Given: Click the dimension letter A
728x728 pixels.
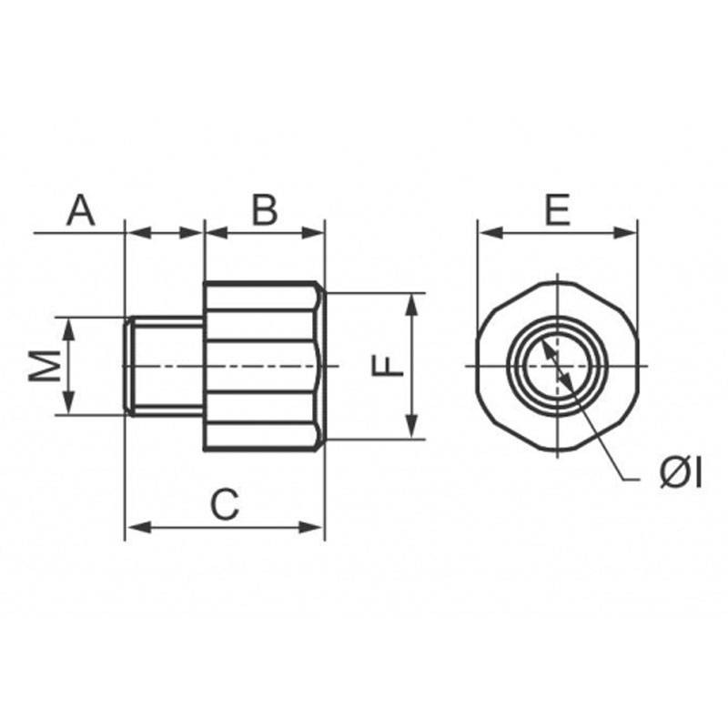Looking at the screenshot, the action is point(81,210).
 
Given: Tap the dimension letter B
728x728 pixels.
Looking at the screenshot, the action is point(264,210).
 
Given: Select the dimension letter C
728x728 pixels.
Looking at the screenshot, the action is point(225,504).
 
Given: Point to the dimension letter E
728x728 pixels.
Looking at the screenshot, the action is point(557,210).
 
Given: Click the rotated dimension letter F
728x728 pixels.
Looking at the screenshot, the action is point(388,366).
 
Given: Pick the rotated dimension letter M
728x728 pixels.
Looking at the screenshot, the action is point(45,366).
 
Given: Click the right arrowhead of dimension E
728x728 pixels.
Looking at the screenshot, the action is point(625,233).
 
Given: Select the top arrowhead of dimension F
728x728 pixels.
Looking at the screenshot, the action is point(411,306).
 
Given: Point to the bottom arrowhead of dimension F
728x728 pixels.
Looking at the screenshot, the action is point(411,426).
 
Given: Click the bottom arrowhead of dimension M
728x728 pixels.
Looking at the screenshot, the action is point(69,402).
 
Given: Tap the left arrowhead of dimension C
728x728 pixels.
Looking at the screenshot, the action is point(138,528).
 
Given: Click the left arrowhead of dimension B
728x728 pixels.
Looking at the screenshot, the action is point(217,233).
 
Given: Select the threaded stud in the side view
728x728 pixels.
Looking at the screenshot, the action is point(164,366).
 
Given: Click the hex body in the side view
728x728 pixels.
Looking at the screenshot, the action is point(265,366).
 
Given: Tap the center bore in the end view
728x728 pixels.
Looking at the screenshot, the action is point(557,367).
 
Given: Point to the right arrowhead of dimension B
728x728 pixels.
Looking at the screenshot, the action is point(312,233).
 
